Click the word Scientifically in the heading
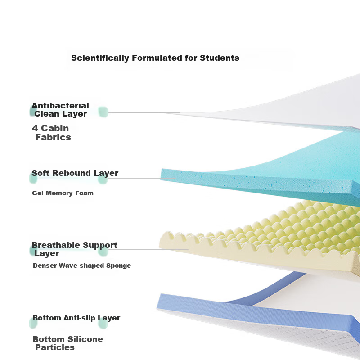pos(100,58)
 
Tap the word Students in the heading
pos(220,58)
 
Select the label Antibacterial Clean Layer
pos(60,110)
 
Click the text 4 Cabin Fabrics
pos(51,133)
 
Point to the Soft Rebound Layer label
pos(75,173)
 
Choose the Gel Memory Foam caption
pos(63,193)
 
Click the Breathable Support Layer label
pos(74,249)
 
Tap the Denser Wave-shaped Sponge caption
pos(82,265)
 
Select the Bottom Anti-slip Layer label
pos(76,318)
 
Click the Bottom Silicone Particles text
pos(68,343)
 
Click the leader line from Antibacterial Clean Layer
pos(144,113)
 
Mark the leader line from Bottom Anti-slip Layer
pos(167,324)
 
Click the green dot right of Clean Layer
pos(103,112)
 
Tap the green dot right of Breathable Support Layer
pos(103,251)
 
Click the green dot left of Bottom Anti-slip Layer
pos(33,323)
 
